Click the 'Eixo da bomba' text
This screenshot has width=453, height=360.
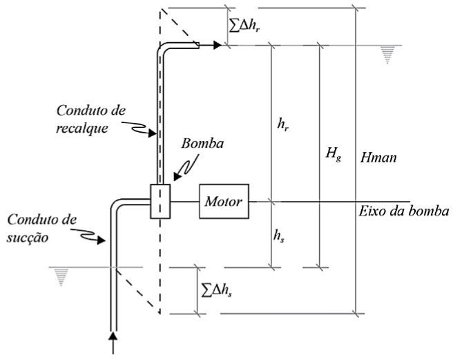pos(404,211)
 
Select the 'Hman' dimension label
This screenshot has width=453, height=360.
pos(379,158)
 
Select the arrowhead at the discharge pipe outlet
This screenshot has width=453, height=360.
pos(218,46)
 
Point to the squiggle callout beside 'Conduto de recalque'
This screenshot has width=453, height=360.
pos(135,128)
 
